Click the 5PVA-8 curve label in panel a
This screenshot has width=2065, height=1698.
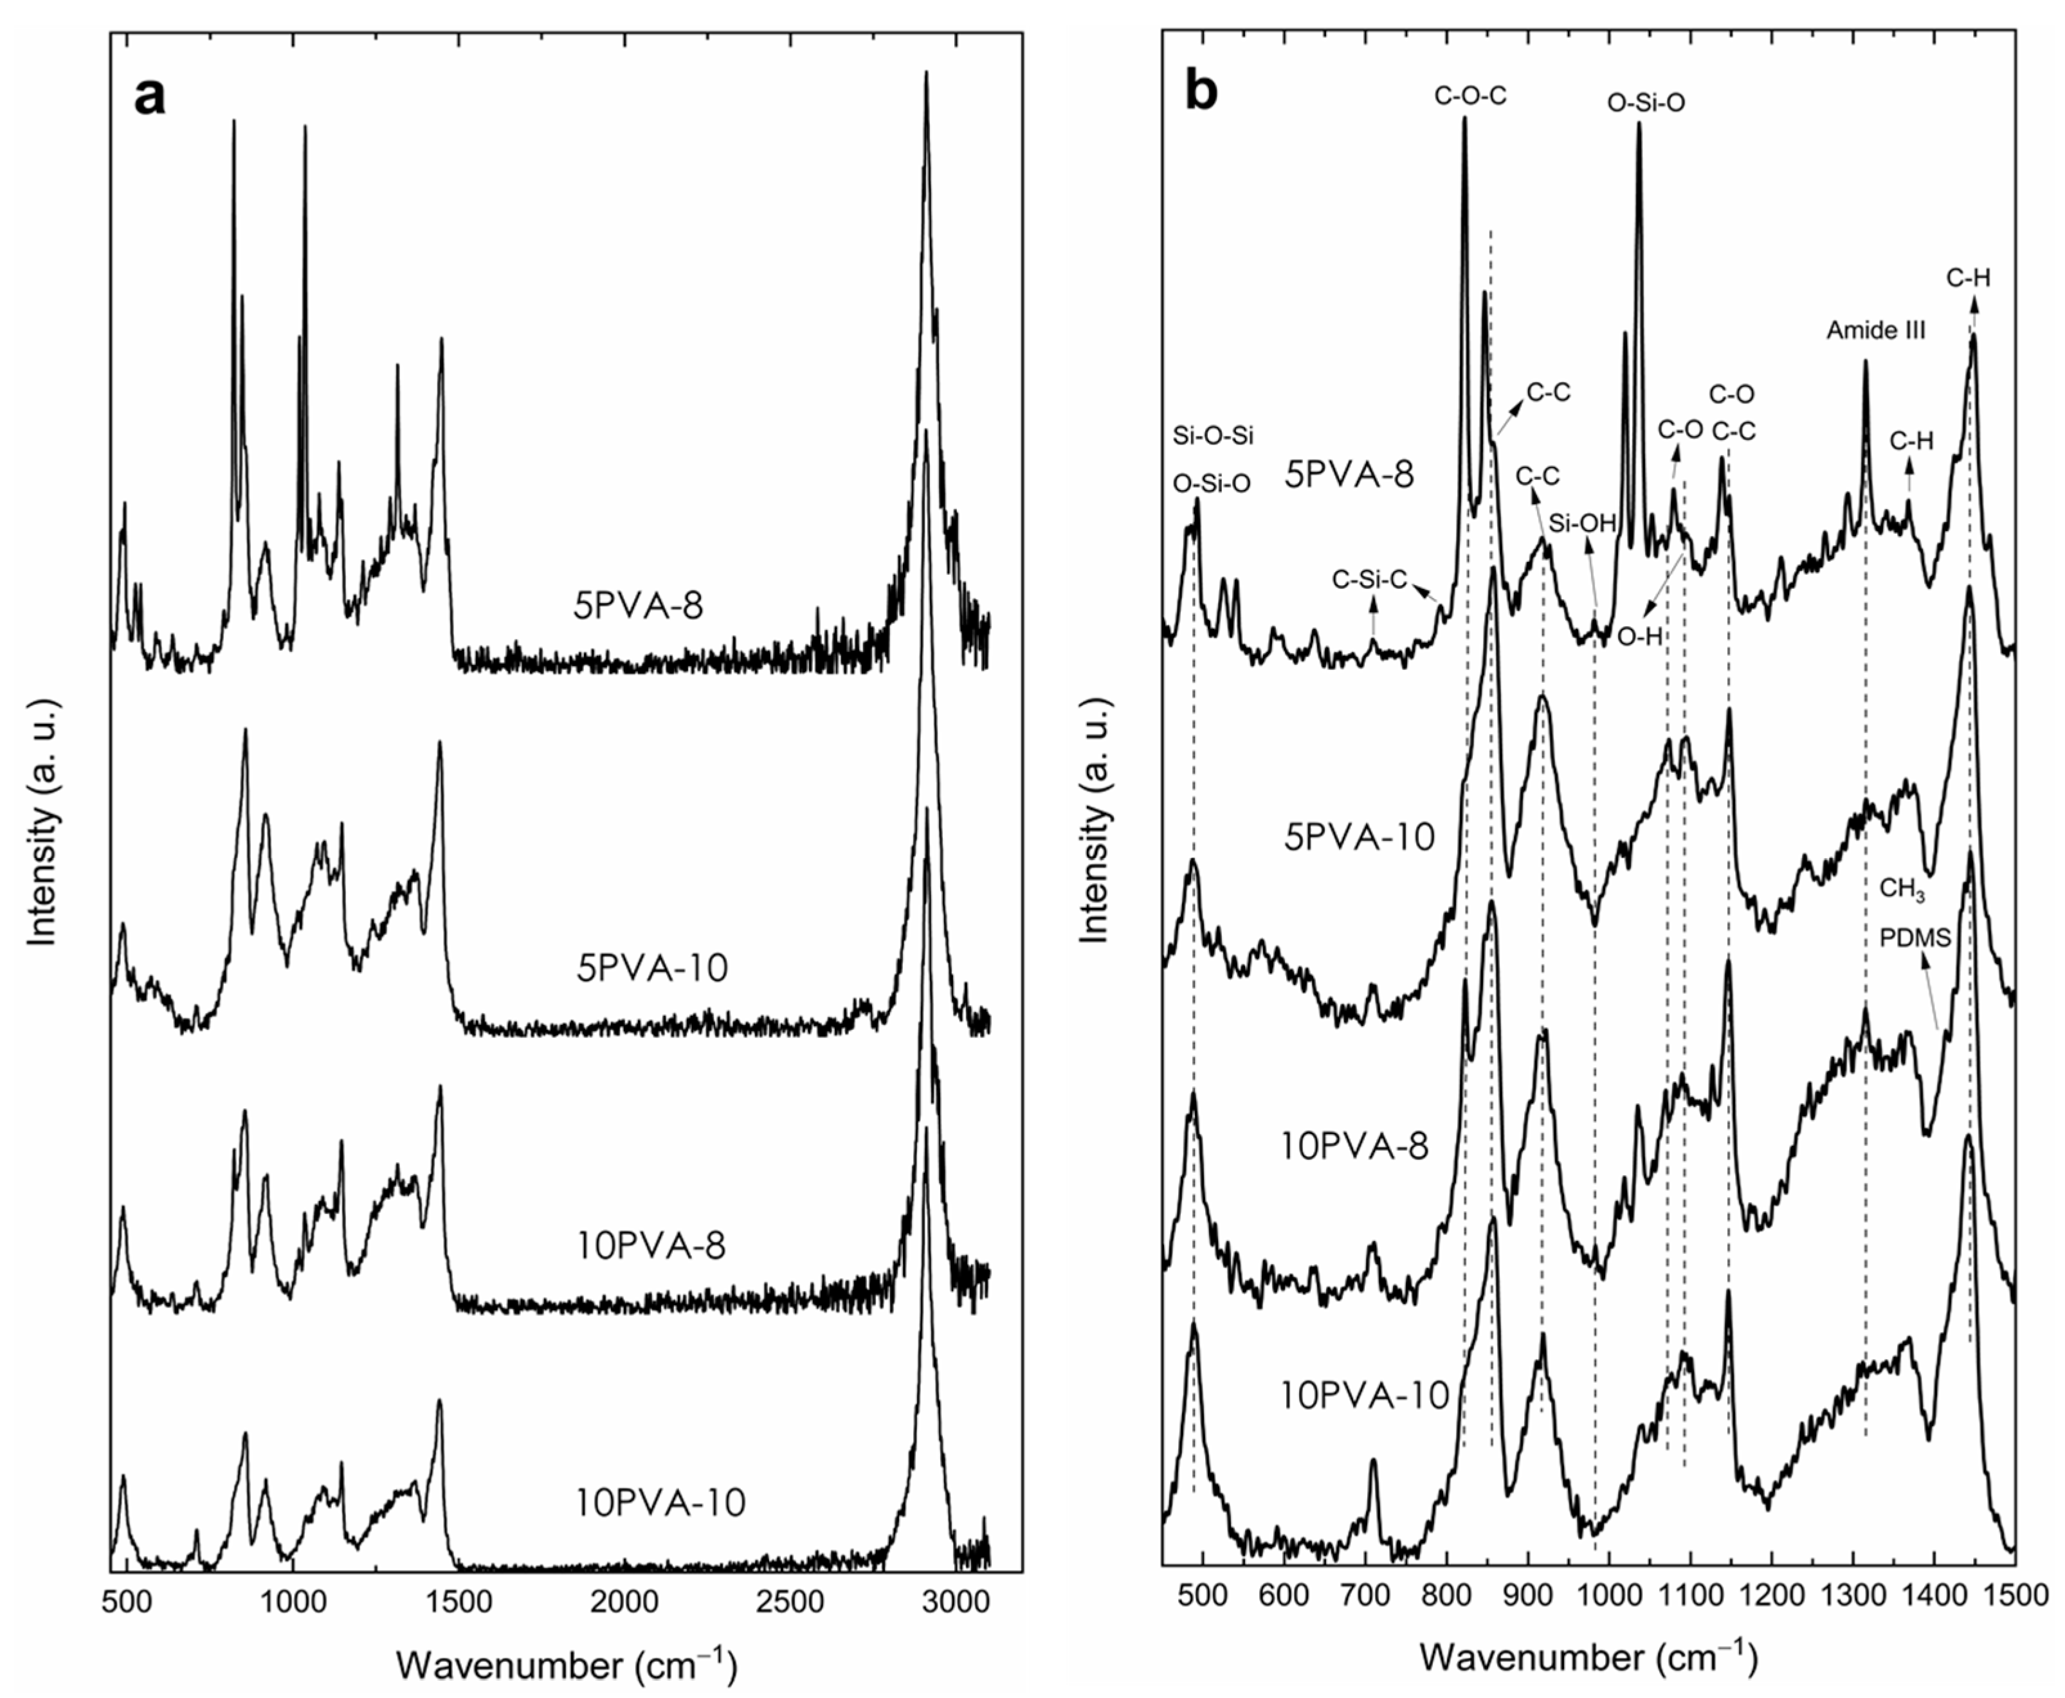638,606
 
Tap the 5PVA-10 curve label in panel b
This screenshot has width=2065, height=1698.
1359,836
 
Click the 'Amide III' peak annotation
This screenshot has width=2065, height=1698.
1875,330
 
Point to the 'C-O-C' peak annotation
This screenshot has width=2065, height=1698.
1470,96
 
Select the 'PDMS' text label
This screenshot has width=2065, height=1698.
1915,938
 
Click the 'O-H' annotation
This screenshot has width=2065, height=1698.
1639,636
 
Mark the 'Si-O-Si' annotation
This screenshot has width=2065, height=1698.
1213,437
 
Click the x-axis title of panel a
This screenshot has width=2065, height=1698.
567,1663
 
